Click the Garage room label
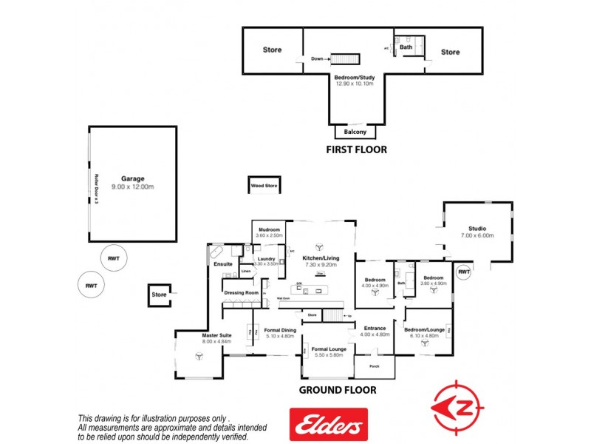pos(133,178)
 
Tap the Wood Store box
pos(264,186)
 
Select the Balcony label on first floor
pos(356,132)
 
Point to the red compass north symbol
pos(458,406)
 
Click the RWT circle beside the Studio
pos(463,272)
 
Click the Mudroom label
pos(269,229)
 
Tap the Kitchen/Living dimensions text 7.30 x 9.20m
pos(321,264)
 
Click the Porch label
pos(375,366)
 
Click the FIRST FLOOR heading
pos(357,150)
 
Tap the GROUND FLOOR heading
pos(337,390)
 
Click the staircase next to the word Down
pos(344,59)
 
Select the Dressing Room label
pos(241,292)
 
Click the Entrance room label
pos(375,328)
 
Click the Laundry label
pos(266,258)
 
